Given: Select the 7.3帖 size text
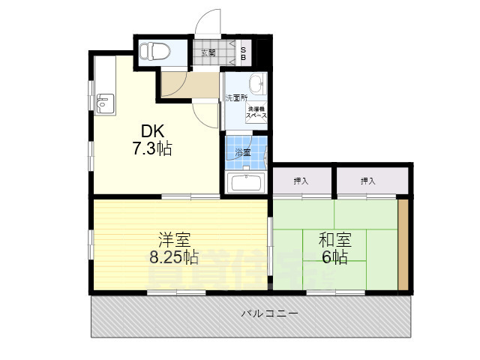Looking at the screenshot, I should (152, 148).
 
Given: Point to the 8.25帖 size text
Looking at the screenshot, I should (173, 257).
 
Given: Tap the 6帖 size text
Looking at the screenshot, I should (334, 257).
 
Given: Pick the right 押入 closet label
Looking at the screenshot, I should (367, 181).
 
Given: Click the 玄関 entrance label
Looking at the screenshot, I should (208, 52).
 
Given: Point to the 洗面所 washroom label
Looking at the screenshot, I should (237, 98).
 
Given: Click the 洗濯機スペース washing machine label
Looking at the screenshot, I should (256, 113).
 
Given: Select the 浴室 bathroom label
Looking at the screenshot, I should (242, 152).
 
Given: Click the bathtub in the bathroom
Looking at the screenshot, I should (247, 183).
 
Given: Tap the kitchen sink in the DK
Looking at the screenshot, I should (106, 102).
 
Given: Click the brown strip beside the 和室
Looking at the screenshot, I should (403, 244).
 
